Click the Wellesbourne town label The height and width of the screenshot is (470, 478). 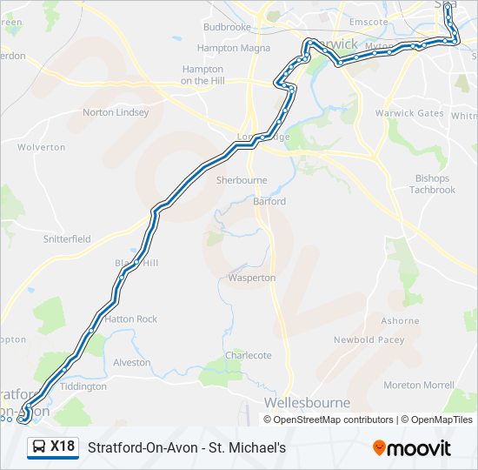(x=307, y=403)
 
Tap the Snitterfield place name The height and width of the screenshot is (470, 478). (x=67, y=238)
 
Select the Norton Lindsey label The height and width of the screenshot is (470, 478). (x=116, y=112)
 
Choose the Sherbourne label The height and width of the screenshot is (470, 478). (x=242, y=180)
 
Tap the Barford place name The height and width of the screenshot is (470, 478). (x=269, y=201)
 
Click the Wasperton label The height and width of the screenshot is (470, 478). (x=252, y=278)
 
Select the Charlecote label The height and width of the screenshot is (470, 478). (x=249, y=355)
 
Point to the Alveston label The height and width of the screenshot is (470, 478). (x=132, y=362)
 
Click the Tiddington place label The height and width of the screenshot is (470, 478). (x=84, y=386)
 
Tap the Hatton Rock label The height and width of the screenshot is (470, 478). (x=131, y=319)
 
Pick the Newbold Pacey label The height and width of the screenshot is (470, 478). (x=369, y=339)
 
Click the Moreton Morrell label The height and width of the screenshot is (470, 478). (x=419, y=385)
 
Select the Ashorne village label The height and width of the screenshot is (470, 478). (x=400, y=321)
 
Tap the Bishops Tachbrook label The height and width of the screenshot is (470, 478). (x=432, y=184)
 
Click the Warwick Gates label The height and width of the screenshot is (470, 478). (x=408, y=113)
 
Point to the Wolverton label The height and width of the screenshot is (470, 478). (x=41, y=147)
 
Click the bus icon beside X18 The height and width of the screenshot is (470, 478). (x=39, y=447)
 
